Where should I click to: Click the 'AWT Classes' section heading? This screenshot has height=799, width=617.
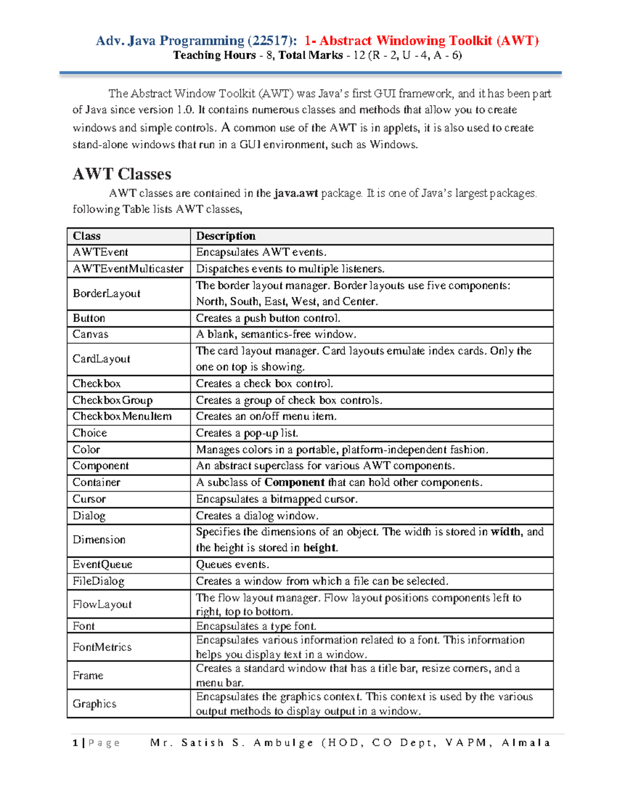[122, 174]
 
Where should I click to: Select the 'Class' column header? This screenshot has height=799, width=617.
[86, 236]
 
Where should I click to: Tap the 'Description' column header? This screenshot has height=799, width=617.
[226, 236]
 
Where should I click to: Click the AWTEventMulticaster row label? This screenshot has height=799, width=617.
[128, 269]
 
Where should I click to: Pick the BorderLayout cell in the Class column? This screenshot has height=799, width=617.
[106, 293]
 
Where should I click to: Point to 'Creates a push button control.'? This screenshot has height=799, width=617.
[268, 318]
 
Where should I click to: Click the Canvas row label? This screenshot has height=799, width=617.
[90, 334]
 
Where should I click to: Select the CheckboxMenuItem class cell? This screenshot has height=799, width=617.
[122, 416]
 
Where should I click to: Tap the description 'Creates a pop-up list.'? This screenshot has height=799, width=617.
[247, 433]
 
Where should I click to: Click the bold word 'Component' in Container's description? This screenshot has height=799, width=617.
[294, 482]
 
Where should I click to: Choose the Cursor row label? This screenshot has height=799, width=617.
[89, 499]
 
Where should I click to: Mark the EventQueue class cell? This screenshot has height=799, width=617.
[102, 564]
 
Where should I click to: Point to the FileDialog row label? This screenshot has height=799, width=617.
[98, 581]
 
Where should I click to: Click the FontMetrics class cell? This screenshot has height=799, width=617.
[102, 647]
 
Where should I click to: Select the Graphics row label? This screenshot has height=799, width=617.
[94, 704]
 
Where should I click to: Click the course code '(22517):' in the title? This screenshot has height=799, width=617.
[272, 41]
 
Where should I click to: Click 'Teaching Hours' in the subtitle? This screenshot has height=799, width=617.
[214, 55]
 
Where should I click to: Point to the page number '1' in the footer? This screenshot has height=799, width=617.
[76, 742]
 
